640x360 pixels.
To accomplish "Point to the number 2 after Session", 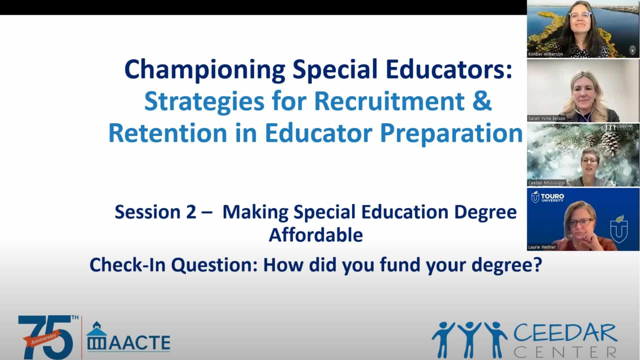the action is point(191,212).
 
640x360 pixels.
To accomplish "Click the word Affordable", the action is point(316,235).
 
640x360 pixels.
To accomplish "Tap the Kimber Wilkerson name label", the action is point(545,54).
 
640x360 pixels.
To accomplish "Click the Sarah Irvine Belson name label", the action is point(547,118).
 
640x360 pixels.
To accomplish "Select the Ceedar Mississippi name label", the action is point(547,183).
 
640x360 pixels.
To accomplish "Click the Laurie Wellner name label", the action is point(542,247).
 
